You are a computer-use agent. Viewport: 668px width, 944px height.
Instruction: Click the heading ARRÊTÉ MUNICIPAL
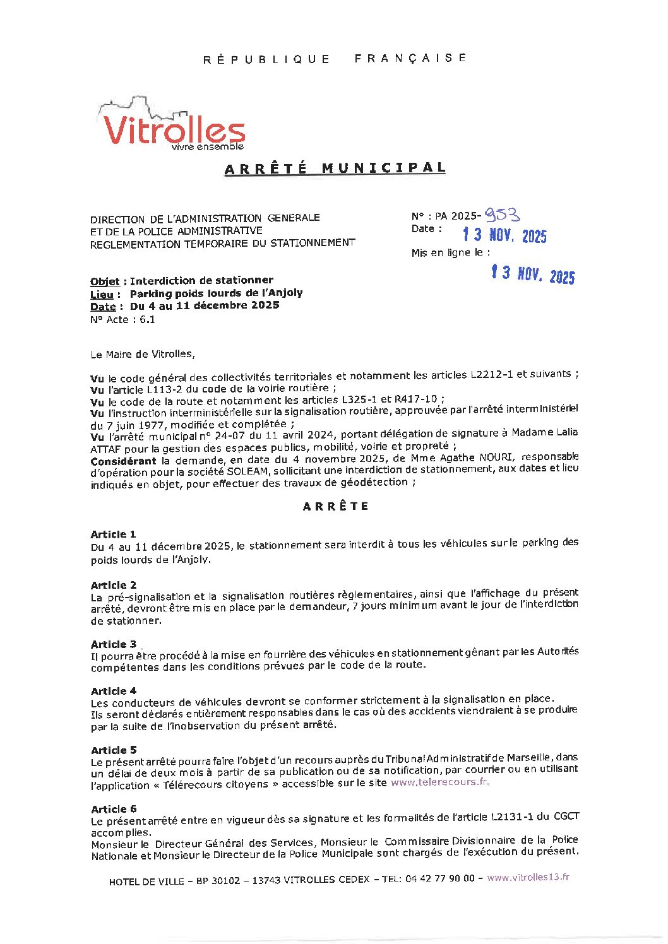335,168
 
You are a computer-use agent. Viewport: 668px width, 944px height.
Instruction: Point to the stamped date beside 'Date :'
504,235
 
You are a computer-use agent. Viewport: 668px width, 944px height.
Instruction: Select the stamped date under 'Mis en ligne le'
533,274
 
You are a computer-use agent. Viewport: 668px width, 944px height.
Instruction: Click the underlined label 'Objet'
105,281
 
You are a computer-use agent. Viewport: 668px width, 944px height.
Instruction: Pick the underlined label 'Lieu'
102,294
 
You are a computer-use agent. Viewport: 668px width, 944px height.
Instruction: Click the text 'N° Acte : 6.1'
122,319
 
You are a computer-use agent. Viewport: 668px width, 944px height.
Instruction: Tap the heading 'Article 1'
113,534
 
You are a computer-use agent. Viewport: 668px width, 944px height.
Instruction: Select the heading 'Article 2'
114,585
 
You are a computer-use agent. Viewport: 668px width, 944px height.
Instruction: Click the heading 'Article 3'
114,644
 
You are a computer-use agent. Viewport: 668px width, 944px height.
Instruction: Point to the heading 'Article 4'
114,691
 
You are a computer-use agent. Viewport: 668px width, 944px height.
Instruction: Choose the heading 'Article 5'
114,750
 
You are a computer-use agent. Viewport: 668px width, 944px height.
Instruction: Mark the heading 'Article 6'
114,809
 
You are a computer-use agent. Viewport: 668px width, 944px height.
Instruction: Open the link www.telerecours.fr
439,782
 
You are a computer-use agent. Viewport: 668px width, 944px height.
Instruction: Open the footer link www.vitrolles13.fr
528,877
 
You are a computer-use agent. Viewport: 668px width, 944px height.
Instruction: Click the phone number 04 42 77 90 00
439,878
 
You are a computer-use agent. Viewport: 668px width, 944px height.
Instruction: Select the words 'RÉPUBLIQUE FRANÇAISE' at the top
335,58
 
